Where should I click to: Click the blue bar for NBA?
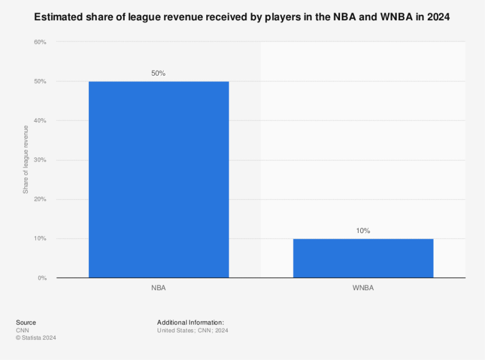coord(158,179)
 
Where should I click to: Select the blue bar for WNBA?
coord(363,258)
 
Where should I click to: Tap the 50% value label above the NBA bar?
coord(158,73)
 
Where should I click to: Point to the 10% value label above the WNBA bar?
coord(363,231)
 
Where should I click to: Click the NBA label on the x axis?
coord(158,287)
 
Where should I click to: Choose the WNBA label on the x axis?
coord(363,287)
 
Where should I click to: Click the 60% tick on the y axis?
coord(40,42)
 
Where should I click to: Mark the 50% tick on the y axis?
coord(40,81)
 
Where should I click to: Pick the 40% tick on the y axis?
coord(40,121)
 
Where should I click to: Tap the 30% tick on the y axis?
coord(40,160)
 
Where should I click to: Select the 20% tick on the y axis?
coord(40,200)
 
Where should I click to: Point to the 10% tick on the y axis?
coord(40,239)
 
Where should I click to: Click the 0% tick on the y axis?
coord(42,278)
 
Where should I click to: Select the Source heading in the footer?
coord(25,322)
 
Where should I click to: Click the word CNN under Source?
coord(22,330)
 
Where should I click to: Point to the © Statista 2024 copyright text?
coord(36,337)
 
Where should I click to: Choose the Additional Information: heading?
coord(190,322)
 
